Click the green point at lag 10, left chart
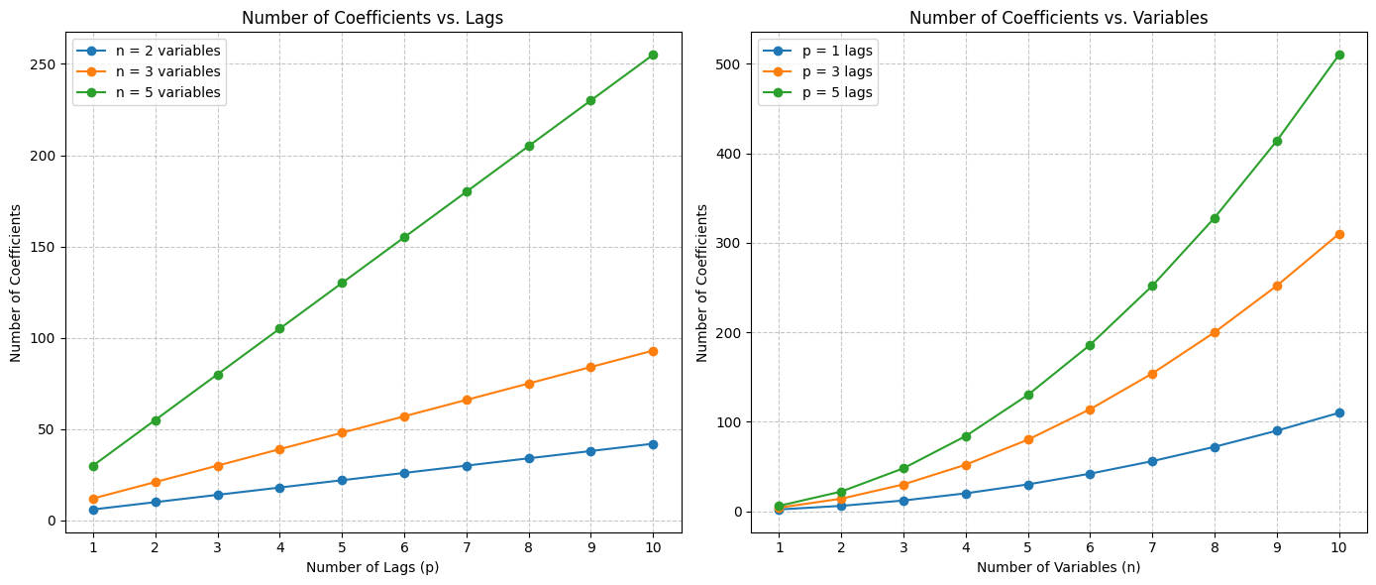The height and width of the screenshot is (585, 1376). [653, 55]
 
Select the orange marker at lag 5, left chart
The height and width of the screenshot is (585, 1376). [342, 432]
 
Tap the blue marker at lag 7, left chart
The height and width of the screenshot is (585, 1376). [467, 466]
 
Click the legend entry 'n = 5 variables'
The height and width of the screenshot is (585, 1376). [167, 93]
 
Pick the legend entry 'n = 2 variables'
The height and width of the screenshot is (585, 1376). [167, 51]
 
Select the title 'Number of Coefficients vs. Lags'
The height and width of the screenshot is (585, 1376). [372, 18]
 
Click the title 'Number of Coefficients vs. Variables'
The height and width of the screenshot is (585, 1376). [1058, 18]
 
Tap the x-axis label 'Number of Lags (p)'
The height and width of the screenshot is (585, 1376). [372, 567]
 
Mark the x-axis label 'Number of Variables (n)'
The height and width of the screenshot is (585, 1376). [1058, 567]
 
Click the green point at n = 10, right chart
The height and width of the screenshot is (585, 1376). [1339, 55]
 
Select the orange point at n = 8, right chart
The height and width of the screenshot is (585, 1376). [1215, 332]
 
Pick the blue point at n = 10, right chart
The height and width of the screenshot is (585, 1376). [1339, 412]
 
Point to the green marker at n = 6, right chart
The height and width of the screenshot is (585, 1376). [1090, 345]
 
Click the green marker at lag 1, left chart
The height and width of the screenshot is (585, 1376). [93, 466]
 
